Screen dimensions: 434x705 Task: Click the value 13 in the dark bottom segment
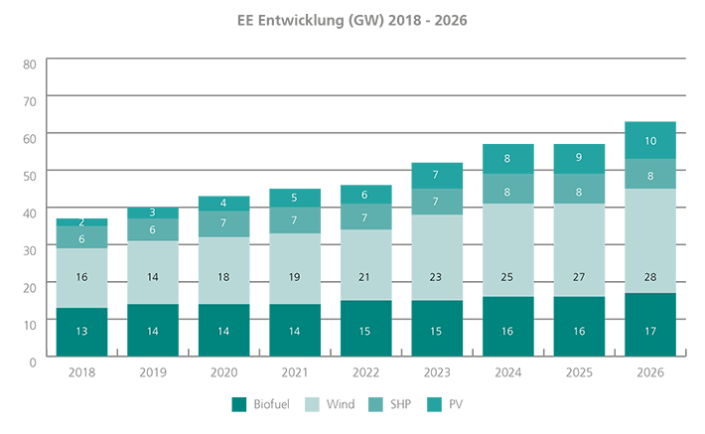81,332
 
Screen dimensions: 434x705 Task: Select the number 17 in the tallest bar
650,332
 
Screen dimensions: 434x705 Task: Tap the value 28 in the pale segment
650,277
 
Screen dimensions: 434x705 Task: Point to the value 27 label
579,277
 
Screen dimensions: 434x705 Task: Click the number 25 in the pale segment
507,277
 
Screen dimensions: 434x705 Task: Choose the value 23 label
436,277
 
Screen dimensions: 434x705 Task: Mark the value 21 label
364,277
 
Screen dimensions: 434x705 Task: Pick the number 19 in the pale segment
294,277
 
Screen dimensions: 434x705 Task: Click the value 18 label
223,277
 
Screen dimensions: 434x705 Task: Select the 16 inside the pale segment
81,277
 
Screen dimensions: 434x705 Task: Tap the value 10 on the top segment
650,141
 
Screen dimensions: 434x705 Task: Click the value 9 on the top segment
579,157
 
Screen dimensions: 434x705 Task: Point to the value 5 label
294,198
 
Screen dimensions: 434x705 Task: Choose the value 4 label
223,203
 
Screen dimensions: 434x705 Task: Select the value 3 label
152,213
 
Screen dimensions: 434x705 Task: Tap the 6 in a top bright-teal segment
364,196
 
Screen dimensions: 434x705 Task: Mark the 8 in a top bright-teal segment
507,159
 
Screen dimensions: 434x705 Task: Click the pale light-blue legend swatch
311,398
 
